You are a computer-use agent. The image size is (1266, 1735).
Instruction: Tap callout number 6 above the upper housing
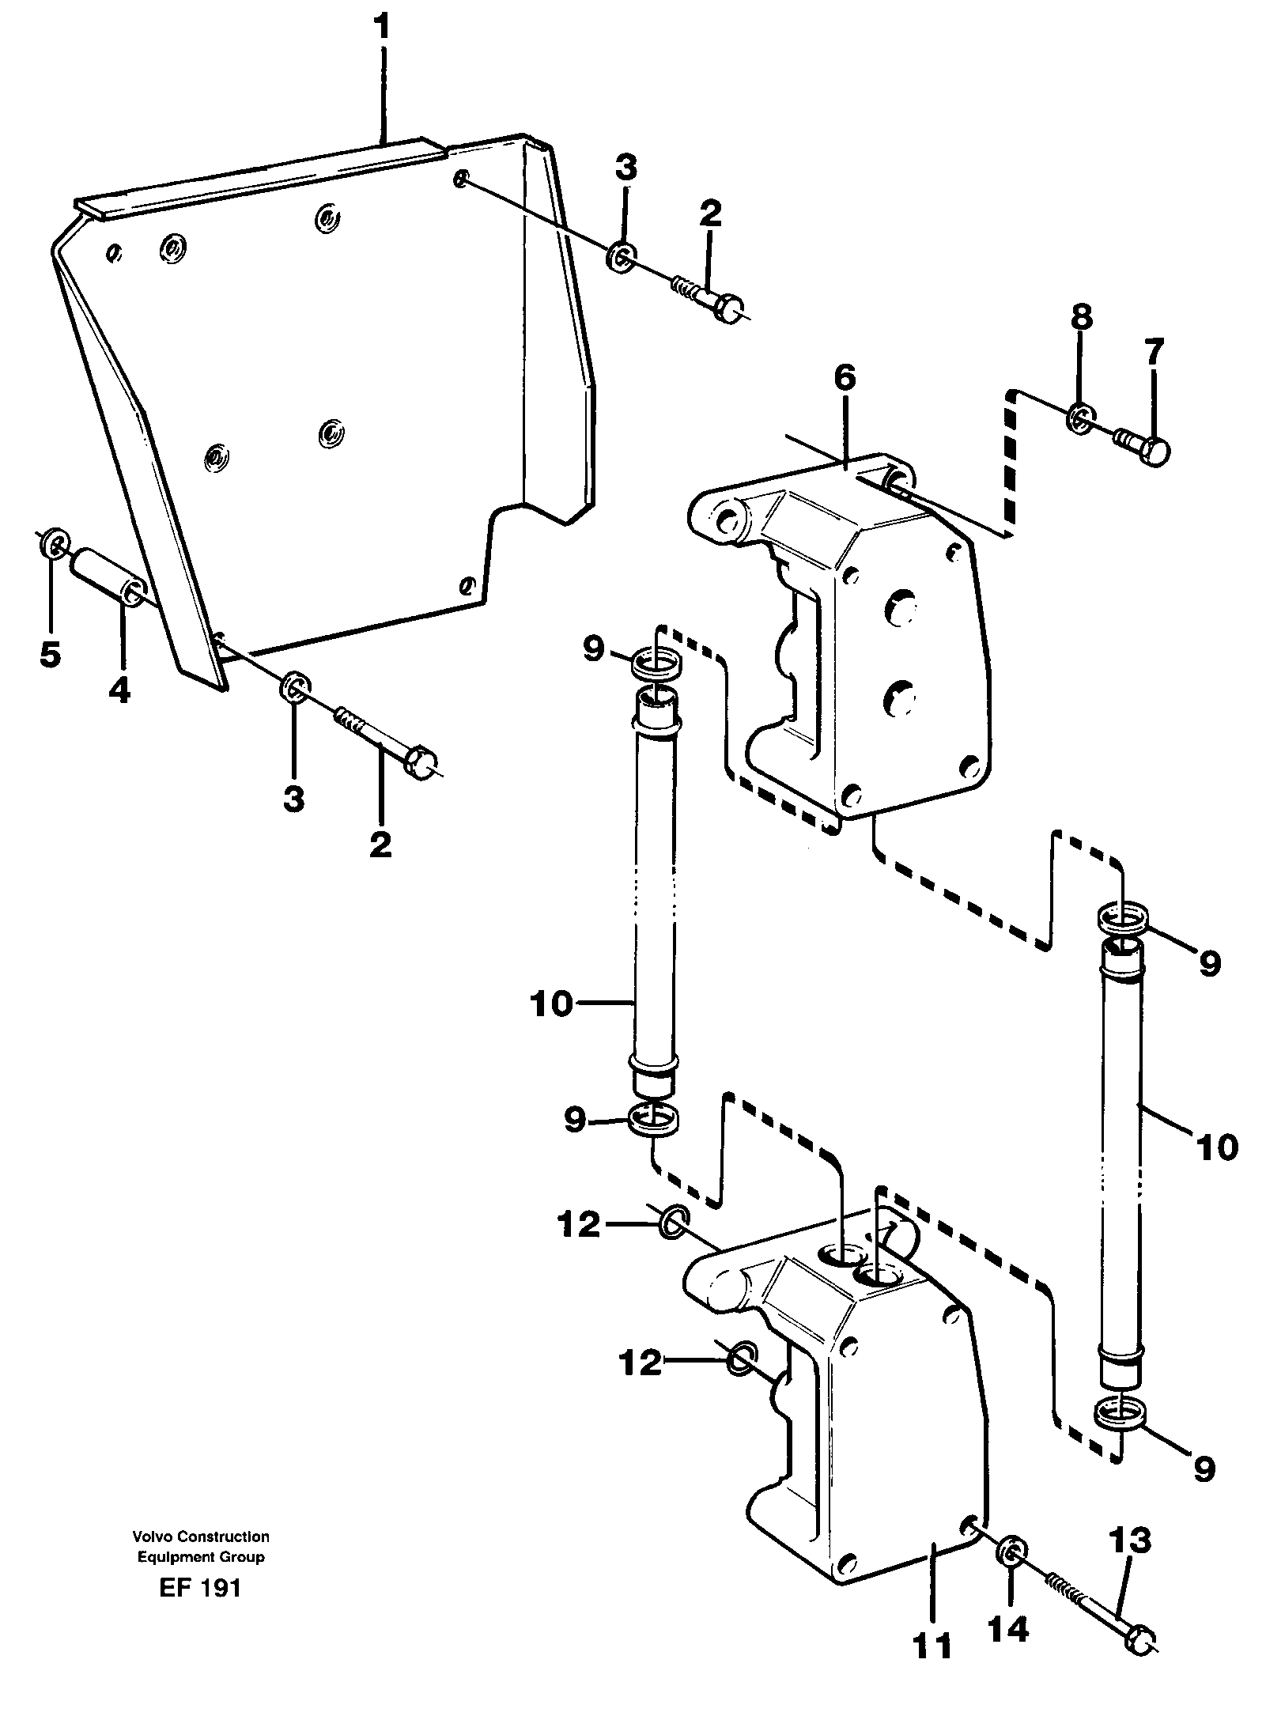(x=844, y=379)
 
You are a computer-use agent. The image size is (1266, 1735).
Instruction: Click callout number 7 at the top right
(x=1155, y=353)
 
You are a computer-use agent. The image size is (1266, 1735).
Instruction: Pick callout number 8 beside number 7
(x=1081, y=319)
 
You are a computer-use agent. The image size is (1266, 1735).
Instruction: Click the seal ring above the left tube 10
(x=653, y=663)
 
